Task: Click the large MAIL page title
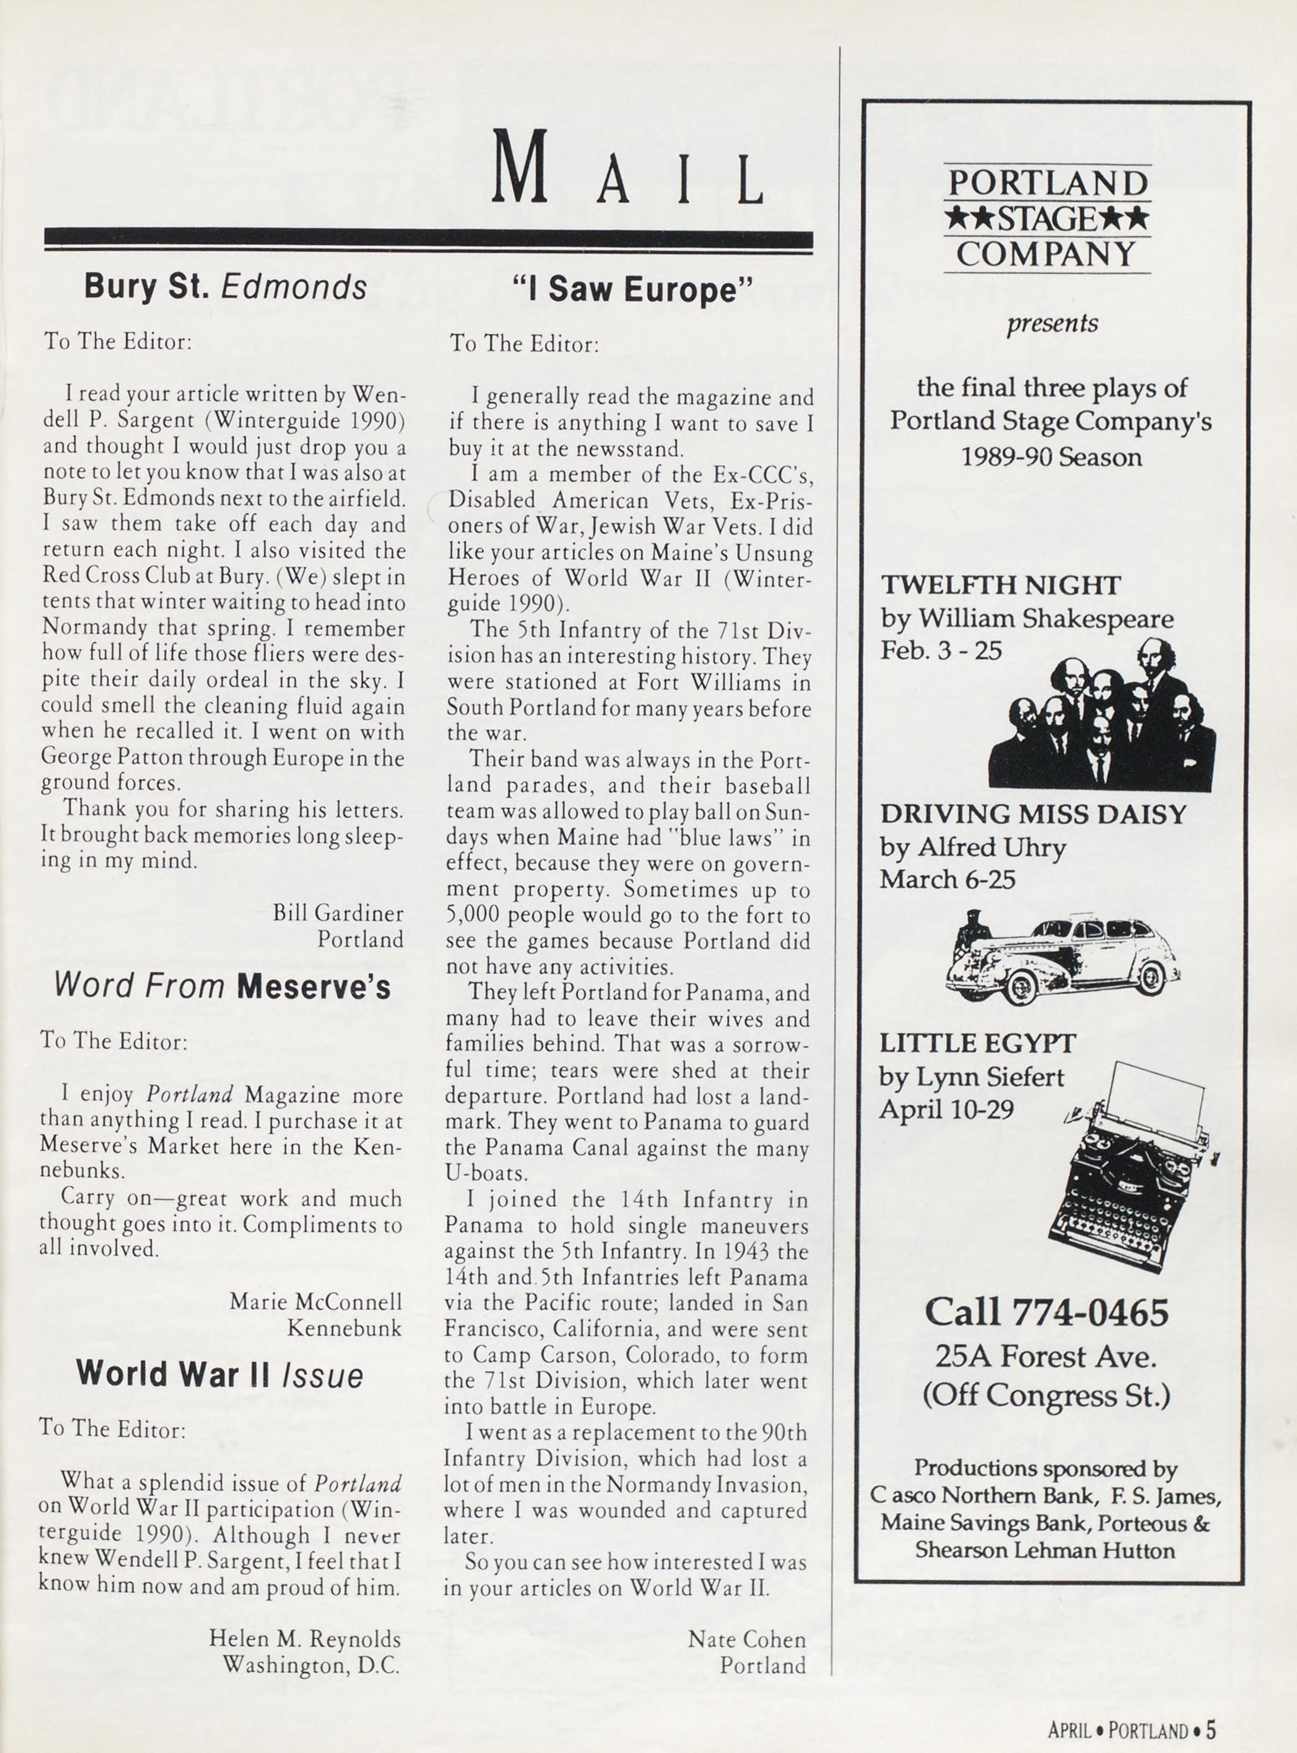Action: (627, 169)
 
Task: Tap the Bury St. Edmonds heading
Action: (225, 287)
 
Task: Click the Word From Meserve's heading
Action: (222, 986)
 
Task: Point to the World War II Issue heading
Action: (220, 1374)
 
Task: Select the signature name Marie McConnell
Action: (316, 1302)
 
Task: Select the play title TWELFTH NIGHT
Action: (1000, 586)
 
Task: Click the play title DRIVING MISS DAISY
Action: (1032, 814)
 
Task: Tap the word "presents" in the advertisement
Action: (1052, 324)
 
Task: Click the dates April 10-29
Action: (946, 1110)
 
